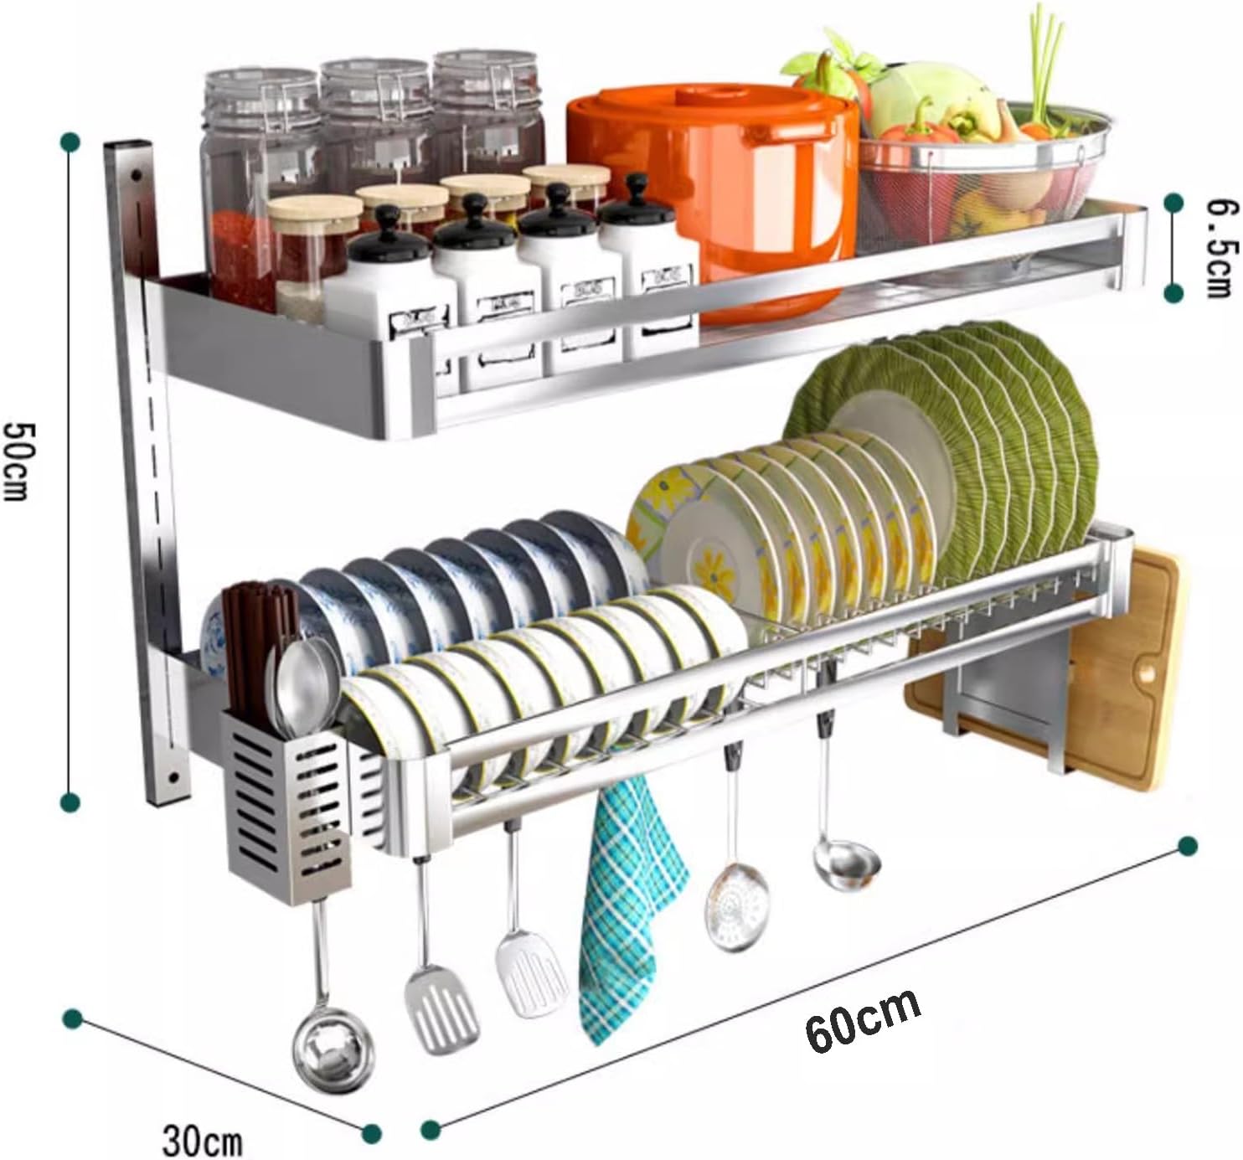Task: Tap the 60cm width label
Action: (x=864, y=1021)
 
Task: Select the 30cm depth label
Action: (x=202, y=1141)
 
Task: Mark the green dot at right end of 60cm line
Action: (x=1187, y=846)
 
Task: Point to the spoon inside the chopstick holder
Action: (x=297, y=678)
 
